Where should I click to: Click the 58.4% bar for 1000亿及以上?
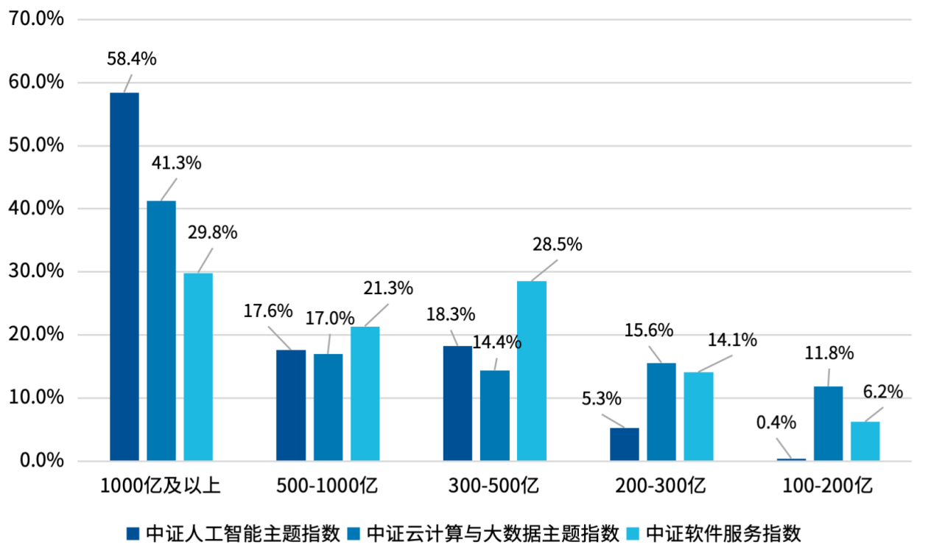124,277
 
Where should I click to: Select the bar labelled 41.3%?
161,330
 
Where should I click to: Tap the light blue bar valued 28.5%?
531,371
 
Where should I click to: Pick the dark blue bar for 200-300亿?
625,444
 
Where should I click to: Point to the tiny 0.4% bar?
792,459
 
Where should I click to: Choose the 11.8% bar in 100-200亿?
829,423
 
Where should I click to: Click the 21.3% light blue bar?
365,394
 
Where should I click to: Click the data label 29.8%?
212,233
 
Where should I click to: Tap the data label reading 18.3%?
451,314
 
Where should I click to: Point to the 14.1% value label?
732,340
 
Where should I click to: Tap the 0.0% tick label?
38,462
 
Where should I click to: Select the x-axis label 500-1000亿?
327,486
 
